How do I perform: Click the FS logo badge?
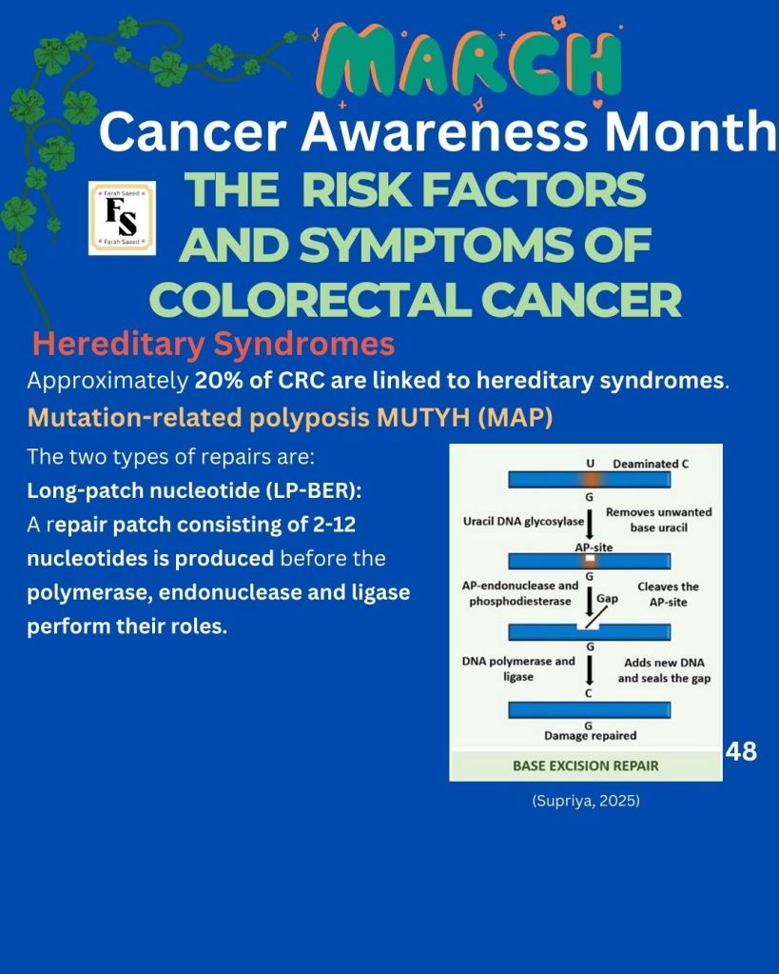pyautogui.click(x=123, y=219)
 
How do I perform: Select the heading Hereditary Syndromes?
pyautogui.click(x=213, y=344)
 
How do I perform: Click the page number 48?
pyautogui.click(x=741, y=751)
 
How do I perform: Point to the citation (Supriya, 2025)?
pyautogui.click(x=586, y=801)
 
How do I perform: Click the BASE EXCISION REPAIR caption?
pyautogui.click(x=585, y=765)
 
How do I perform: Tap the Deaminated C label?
pyautogui.click(x=651, y=464)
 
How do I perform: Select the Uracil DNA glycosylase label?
pyautogui.click(x=523, y=522)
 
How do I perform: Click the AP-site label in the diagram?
pyautogui.click(x=594, y=547)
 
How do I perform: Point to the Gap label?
pyautogui.click(x=607, y=598)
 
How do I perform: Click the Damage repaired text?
pyautogui.click(x=591, y=735)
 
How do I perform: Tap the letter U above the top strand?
pyautogui.click(x=590, y=464)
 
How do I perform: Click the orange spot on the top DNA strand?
pyautogui.click(x=589, y=480)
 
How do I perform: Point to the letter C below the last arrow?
pyautogui.click(x=589, y=693)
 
